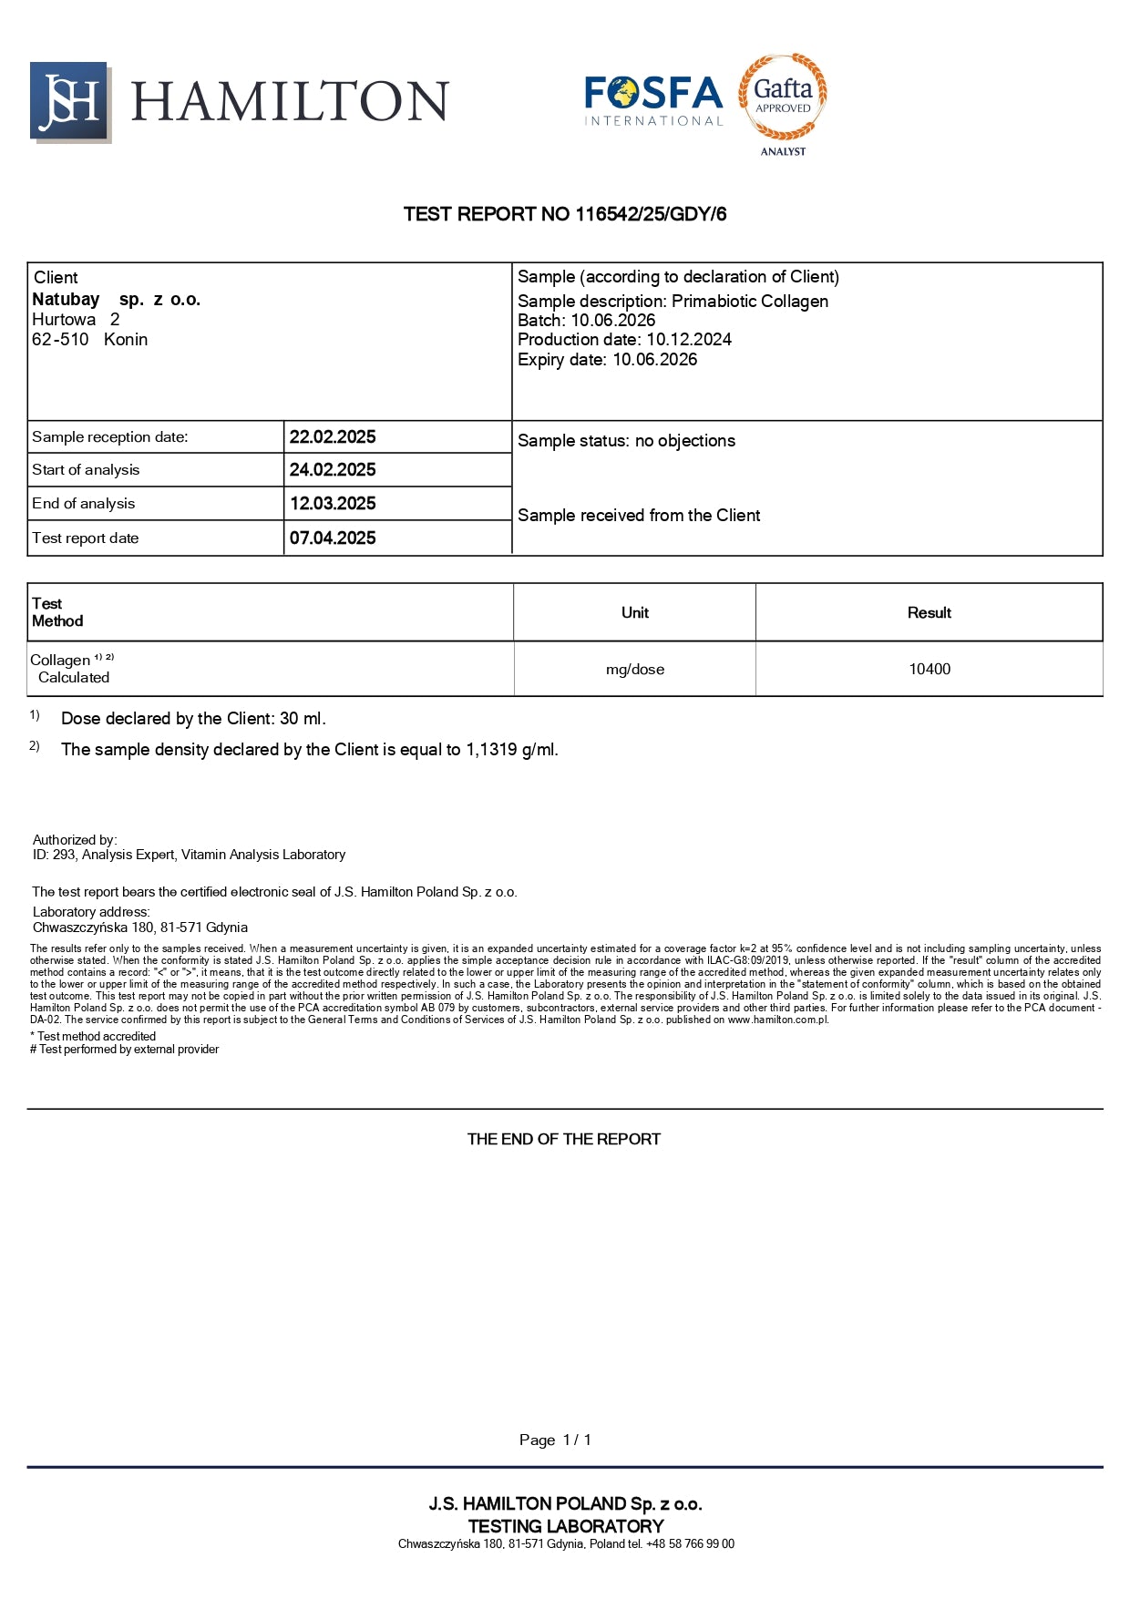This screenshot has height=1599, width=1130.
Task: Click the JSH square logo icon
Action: coord(69,101)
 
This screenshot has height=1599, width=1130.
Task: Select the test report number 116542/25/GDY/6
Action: coord(651,214)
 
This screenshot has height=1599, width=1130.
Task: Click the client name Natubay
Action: coord(66,299)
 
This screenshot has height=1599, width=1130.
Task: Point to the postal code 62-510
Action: coord(60,340)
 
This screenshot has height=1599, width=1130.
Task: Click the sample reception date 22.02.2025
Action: coord(333,437)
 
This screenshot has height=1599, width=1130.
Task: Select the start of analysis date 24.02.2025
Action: coord(333,470)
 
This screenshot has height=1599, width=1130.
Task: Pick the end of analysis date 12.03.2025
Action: coord(333,504)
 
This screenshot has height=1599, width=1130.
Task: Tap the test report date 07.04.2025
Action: coord(333,538)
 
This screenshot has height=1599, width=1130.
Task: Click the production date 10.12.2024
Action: coord(689,340)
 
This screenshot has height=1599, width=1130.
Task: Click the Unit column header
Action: coord(635,613)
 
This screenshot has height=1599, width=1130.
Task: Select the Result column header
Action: coord(929,613)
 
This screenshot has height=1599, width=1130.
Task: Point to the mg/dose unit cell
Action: coord(635,670)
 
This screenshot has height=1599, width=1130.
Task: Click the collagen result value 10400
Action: coord(929,670)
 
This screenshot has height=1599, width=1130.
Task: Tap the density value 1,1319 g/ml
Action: coord(511,750)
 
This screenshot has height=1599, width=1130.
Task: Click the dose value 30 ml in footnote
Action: coord(302,719)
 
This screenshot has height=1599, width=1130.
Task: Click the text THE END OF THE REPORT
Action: coord(564,1139)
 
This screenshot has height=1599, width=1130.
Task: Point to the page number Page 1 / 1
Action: coord(555,1440)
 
